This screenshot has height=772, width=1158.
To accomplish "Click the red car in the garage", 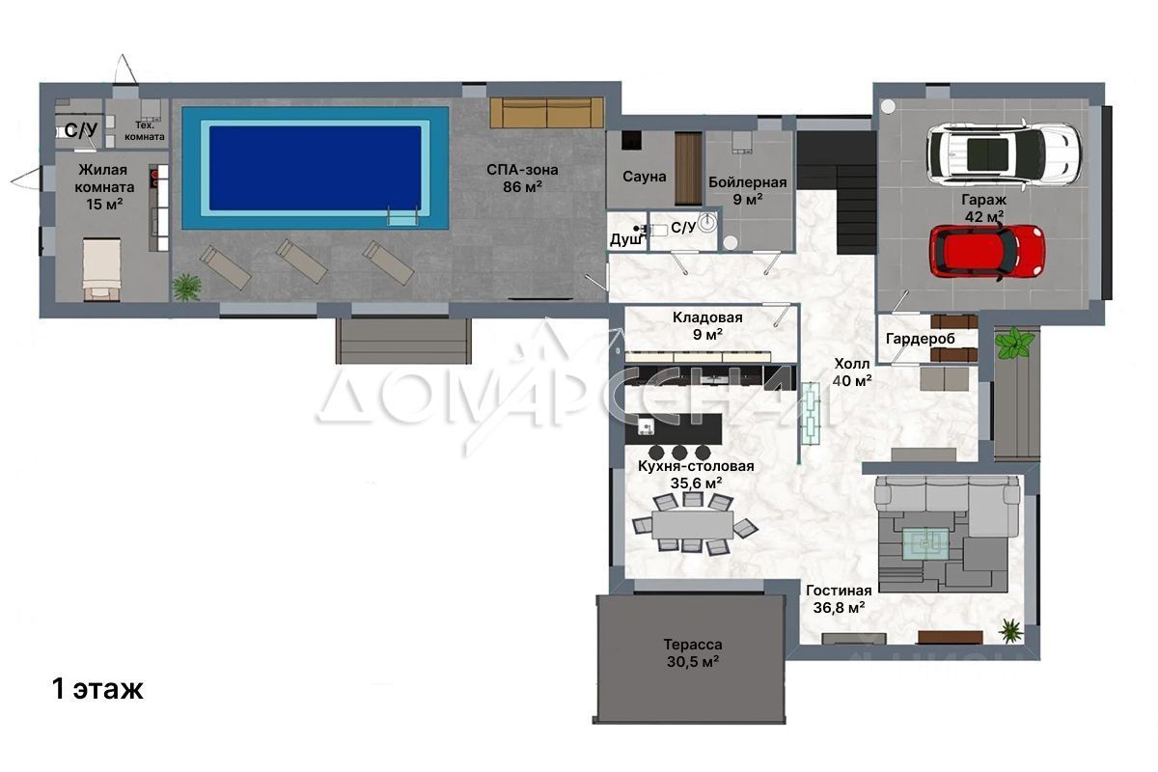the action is point(987,252).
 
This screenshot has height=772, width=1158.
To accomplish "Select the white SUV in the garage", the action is point(1004,153).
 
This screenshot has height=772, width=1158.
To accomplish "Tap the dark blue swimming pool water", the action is point(315,168).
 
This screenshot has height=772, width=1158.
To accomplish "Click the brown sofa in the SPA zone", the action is point(546,112).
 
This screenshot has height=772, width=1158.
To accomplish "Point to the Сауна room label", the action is point(645,177).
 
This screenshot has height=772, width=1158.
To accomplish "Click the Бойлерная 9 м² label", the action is point(748,190).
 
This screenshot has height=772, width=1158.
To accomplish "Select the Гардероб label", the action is point(921,339).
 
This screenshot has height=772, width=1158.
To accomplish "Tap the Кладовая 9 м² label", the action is point(707,326).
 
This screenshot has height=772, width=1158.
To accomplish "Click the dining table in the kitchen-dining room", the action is point(693,524).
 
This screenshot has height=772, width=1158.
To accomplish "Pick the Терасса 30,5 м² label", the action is point(693,652).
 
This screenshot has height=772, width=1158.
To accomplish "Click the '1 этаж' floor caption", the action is point(97,689).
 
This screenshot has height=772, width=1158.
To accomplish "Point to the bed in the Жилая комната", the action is point(102,269).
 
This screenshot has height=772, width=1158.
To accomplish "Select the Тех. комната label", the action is point(144,131).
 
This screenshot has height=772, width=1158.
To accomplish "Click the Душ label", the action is point(625,239).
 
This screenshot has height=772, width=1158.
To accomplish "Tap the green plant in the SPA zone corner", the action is point(186,287).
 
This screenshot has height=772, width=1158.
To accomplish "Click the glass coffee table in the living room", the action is point(925,543).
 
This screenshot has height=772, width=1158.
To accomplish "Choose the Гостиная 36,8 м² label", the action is point(839,598).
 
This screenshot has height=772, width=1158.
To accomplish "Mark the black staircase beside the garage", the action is point(837,191).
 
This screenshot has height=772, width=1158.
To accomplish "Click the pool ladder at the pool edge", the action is point(402,215).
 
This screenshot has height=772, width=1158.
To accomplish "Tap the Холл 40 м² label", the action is point(852,372).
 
